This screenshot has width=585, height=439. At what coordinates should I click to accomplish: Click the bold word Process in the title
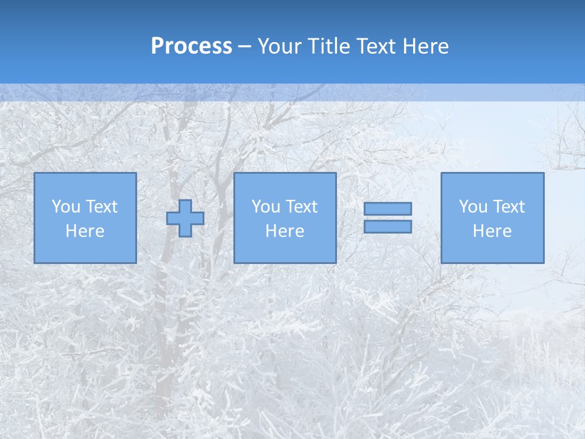(x=191, y=46)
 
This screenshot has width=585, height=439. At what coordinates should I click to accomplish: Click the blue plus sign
(x=185, y=218)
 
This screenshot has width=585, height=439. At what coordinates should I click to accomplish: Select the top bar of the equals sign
(x=388, y=209)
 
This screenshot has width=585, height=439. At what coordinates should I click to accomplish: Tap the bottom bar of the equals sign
(x=388, y=227)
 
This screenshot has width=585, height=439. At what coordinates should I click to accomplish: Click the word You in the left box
(x=66, y=207)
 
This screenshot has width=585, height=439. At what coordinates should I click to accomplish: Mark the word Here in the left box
(x=85, y=231)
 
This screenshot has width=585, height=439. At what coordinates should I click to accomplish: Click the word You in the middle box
(x=266, y=207)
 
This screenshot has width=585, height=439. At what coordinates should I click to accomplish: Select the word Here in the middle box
(x=285, y=231)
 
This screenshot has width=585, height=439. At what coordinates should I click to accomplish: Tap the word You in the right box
(x=473, y=207)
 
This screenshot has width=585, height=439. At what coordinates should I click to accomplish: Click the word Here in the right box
(x=492, y=231)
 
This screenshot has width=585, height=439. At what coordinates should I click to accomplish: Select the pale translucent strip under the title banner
(x=292, y=92)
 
